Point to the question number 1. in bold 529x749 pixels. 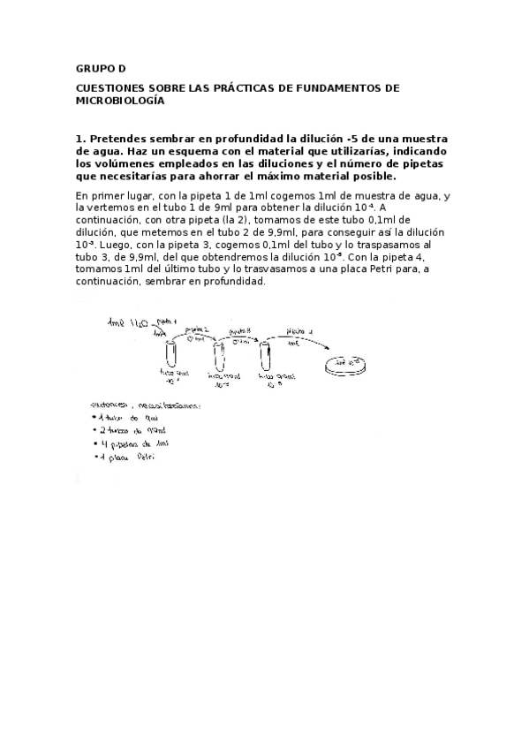click(80, 139)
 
